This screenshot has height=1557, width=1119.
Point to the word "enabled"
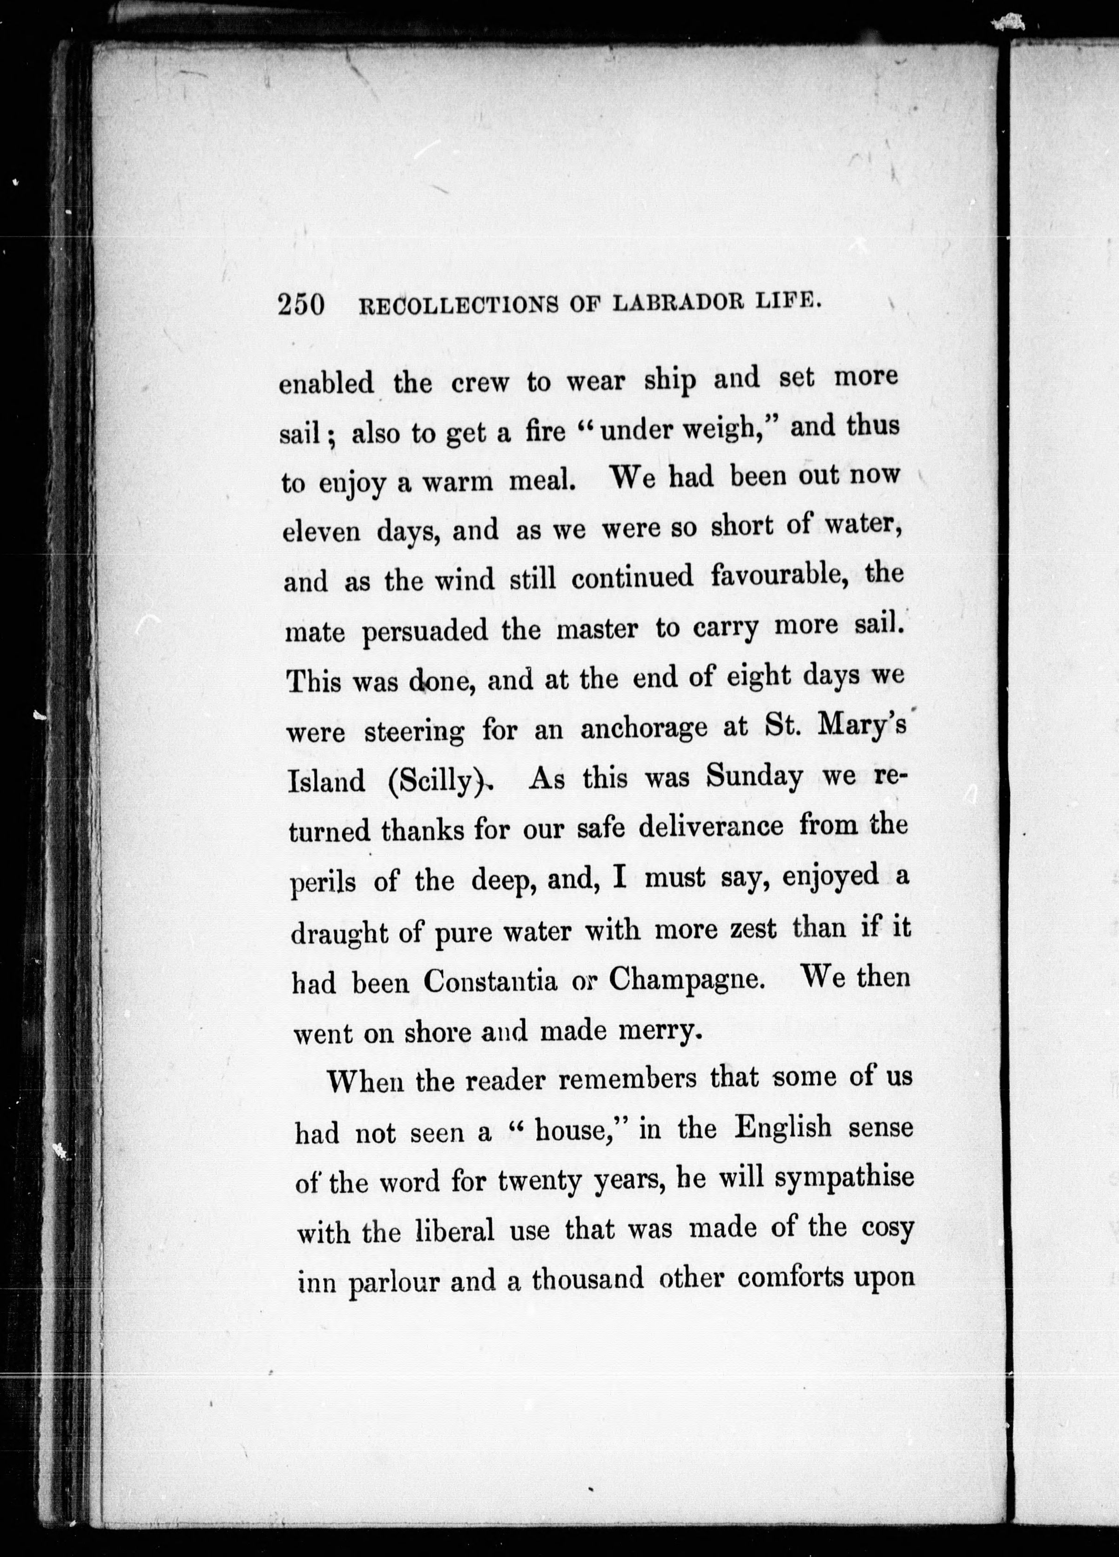coord(326,383)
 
